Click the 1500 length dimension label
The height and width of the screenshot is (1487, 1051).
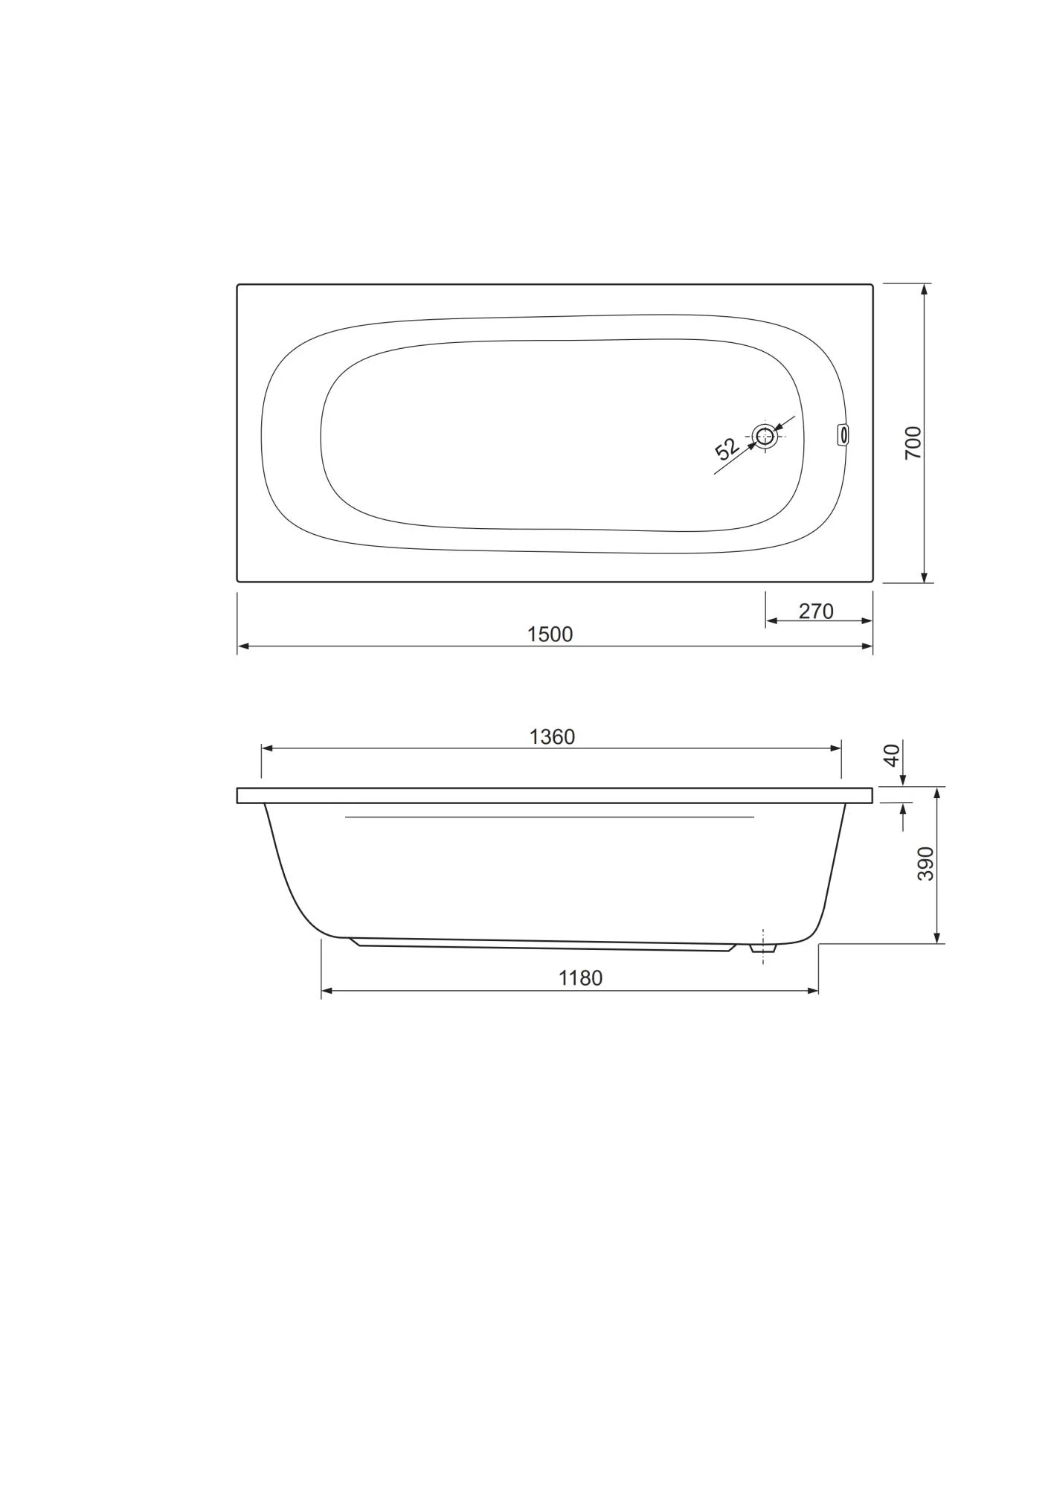pyautogui.click(x=550, y=635)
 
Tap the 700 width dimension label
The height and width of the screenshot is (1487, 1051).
pyautogui.click(x=913, y=443)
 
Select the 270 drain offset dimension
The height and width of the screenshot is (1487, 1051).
pyautogui.click(x=816, y=611)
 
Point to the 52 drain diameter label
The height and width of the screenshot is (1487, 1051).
pyautogui.click(x=726, y=449)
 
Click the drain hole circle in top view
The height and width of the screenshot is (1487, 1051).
pyautogui.click(x=765, y=437)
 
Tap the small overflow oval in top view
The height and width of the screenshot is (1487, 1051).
pyautogui.click(x=843, y=434)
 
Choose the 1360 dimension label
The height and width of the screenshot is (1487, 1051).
pyautogui.click(x=552, y=737)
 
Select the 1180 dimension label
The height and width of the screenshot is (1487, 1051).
pyautogui.click(x=580, y=978)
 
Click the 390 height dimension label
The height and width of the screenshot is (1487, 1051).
pyautogui.click(x=925, y=864)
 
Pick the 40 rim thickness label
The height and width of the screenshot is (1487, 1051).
pyautogui.click(x=892, y=755)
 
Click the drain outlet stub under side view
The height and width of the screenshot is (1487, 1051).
pyautogui.click(x=763, y=948)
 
